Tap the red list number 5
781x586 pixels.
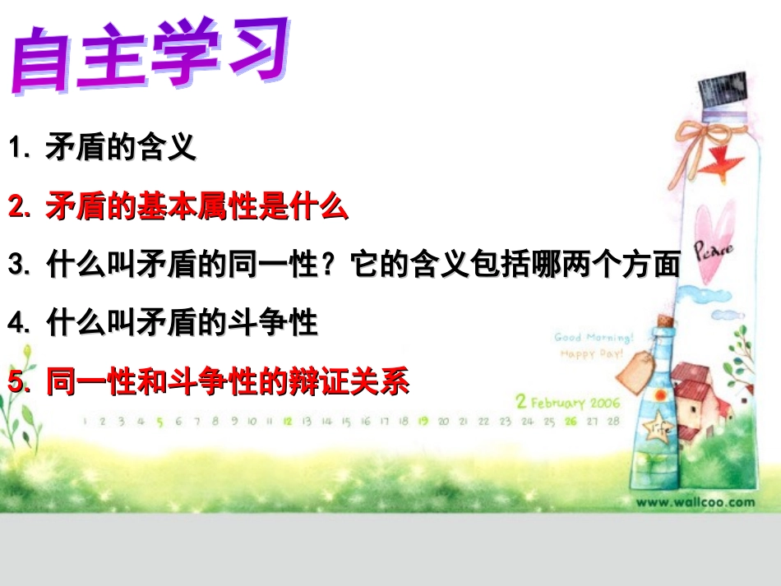(16, 381)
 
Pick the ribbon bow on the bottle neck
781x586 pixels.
(700, 135)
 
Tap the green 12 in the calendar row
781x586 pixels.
(288, 422)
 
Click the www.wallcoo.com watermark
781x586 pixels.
(695, 501)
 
